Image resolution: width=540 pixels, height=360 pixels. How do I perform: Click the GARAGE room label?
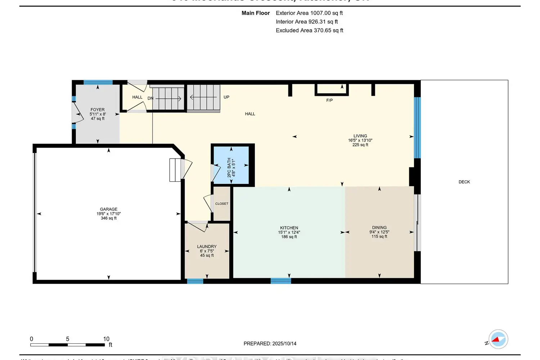[x=108, y=209]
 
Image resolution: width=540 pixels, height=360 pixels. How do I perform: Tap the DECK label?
[x=464, y=182]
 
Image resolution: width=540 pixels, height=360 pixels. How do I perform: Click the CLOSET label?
[x=222, y=204]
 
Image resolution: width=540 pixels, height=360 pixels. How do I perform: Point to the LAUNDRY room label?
[x=207, y=247]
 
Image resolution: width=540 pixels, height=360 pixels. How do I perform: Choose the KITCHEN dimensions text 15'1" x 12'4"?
[x=289, y=232]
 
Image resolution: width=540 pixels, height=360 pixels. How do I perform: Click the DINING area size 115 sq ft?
[x=379, y=237]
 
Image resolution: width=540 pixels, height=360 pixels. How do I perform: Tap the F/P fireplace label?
[x=329, y=100]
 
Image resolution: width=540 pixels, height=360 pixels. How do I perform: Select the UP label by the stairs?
[x=226, y=97]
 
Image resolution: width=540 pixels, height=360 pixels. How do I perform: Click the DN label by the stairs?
[x=150, y=98]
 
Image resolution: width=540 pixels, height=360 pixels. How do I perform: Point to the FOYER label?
[x=98, y=110]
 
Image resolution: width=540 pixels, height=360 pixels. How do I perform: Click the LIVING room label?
[x=360, y=136]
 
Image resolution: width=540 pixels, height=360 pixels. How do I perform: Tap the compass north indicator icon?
[x=498, y=339]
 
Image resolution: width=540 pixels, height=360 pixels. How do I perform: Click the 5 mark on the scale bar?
[x=67, y=339]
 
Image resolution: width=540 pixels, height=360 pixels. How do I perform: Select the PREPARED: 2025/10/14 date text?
[x=270, y=343]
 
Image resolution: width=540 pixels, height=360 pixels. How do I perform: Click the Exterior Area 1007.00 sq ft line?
[x=309, y=13]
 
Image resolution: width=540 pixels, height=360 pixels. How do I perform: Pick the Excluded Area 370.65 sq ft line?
[x=309, y=31]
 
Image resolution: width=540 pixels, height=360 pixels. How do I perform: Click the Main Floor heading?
[x=256, y=13]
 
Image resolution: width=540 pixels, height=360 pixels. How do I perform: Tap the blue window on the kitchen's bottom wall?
[x=281, y=281]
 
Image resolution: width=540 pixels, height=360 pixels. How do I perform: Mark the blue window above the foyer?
[x=98, y=82]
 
